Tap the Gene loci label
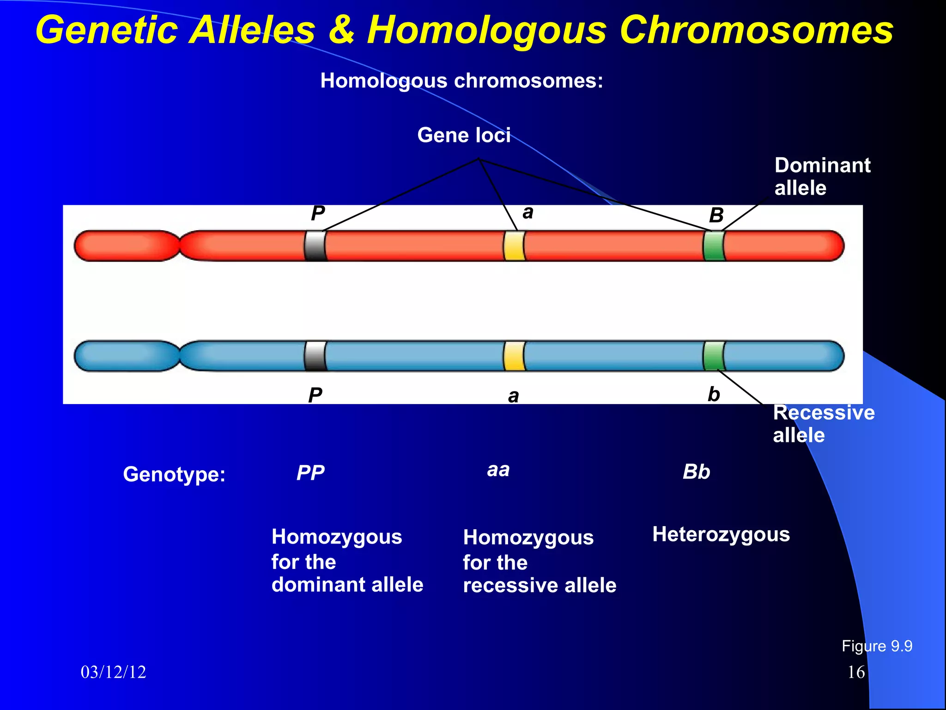(464, 135)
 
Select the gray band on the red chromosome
(315, 245)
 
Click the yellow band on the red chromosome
(514, 245)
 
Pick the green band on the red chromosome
(714, 245)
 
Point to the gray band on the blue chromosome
(315, 355)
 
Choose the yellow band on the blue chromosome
(514, 355)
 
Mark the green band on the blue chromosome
(714, 355)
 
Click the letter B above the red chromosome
(716, 215)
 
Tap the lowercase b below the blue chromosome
(714, 394)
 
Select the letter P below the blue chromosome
(315, 396)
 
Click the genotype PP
(310, 473)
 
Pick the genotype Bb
(696, 472)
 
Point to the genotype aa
(498, 470)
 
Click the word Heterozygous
(721, 534)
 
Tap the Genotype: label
(174, 475)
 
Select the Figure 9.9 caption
(877, 646)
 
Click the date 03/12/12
(113, 672)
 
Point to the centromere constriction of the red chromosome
(179, 245)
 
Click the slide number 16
(856, 672)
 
